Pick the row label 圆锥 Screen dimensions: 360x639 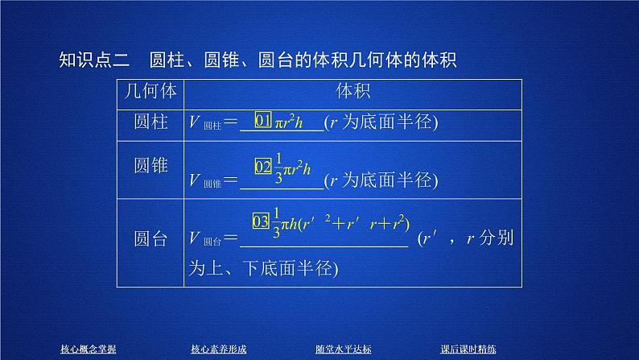pyautogui.click(x=151, y=166)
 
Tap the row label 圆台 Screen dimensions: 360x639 pyautogui.click(x=151, y=238)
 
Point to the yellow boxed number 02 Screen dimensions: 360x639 pyautogui.click(x=264, y=167)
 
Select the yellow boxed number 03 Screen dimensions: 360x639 pyautogui.click(x=259, y=220)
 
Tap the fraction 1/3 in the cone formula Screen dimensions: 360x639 pyautogui.click(x=279, y=167)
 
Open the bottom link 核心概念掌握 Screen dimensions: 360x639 pyautogui.click(x=89, y=348)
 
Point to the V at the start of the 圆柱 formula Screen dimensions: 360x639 pyautogui.click(x=193, y=123)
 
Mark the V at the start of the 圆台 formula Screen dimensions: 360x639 pyautogui.click(x=193, y=238)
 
